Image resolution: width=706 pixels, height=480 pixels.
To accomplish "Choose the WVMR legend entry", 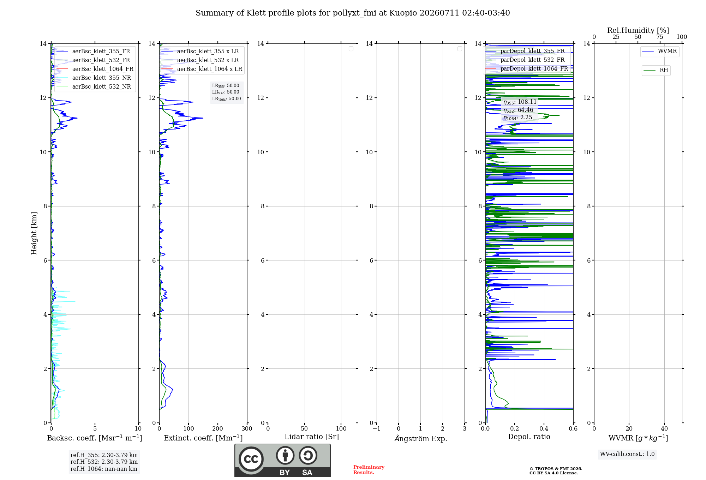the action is click(x=659, y=51).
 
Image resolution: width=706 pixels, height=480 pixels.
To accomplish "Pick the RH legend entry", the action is click(x=656, y=70).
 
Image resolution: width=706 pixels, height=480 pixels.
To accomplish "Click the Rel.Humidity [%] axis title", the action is click(x=638, y=30).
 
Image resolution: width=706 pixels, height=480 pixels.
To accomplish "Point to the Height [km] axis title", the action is click(x=34, y=233).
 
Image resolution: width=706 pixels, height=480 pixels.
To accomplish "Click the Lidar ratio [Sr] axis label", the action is click(x=312, y=437).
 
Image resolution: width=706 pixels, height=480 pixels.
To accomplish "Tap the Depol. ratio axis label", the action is click(x=529, y=437).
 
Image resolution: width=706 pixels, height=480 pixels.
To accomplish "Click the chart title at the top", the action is click(x=353, y=13).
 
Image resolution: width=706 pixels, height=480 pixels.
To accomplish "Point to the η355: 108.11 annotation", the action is click(x=520, y=102).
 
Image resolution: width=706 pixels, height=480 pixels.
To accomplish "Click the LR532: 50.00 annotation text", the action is click(x=226, y=92).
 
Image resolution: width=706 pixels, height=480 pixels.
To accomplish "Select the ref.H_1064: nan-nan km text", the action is click(x=104, y=469).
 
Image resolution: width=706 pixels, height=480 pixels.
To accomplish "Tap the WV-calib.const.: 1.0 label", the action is click(x=627, y=454).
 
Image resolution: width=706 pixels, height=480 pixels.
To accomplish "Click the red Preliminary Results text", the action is click(x=369, y=470).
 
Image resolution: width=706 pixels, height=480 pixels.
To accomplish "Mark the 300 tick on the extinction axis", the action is click(x=247, y=428).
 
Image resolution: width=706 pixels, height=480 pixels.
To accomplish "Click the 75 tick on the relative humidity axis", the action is click(x=660, y=37).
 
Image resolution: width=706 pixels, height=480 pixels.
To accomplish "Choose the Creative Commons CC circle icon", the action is click(x=251, y=459).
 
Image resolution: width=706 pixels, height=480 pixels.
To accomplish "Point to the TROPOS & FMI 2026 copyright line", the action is click(x=556, y=469).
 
